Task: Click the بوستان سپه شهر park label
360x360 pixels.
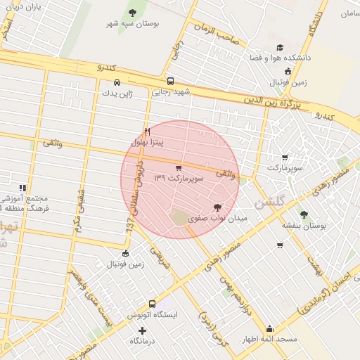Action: pos(133,24)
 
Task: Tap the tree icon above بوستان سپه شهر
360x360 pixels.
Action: pos(133,12)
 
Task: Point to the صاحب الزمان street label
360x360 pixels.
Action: pos(214,31)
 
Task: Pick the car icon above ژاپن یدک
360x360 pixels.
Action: pos(117,81)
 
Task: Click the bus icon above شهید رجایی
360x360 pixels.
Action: pos(170,81)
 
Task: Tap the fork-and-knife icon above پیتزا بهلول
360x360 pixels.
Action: pos(147,131)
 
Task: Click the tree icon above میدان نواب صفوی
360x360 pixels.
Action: pos(217,207)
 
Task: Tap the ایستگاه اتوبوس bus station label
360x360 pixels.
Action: pos(153,316)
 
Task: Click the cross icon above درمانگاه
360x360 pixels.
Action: pos(143,330)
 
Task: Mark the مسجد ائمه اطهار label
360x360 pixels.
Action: pos(271,340)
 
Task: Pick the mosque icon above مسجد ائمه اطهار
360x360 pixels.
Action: pos(270,328)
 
